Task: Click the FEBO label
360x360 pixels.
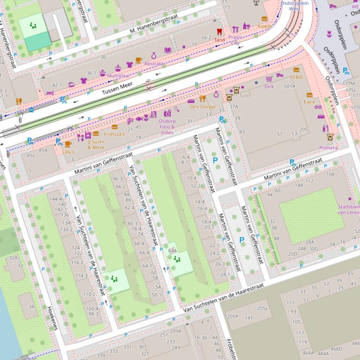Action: click(296, 77)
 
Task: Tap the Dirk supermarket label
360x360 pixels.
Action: click(269, 86)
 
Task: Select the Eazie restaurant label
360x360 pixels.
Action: click(309, 101)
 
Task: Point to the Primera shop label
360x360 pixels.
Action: click(328, 148)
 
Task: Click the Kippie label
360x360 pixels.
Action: click(264, 26)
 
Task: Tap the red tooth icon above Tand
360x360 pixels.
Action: click(219, 32)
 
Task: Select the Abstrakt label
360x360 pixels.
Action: click(153, 64)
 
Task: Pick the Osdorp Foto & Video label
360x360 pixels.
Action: click(167, 127)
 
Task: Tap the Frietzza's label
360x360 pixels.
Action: click(114, 134)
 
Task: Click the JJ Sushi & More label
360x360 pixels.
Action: click(95, 144)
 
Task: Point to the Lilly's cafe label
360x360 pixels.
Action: click(68, 152)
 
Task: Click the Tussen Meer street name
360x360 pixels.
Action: click(118, 88)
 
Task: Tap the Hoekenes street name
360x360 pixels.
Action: click(52, 318)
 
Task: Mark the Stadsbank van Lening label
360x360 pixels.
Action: click(348, 209)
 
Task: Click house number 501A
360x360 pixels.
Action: click(289, 86)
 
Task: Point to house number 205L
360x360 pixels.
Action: click(262, 308)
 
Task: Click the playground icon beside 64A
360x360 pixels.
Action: click(177, 258)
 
